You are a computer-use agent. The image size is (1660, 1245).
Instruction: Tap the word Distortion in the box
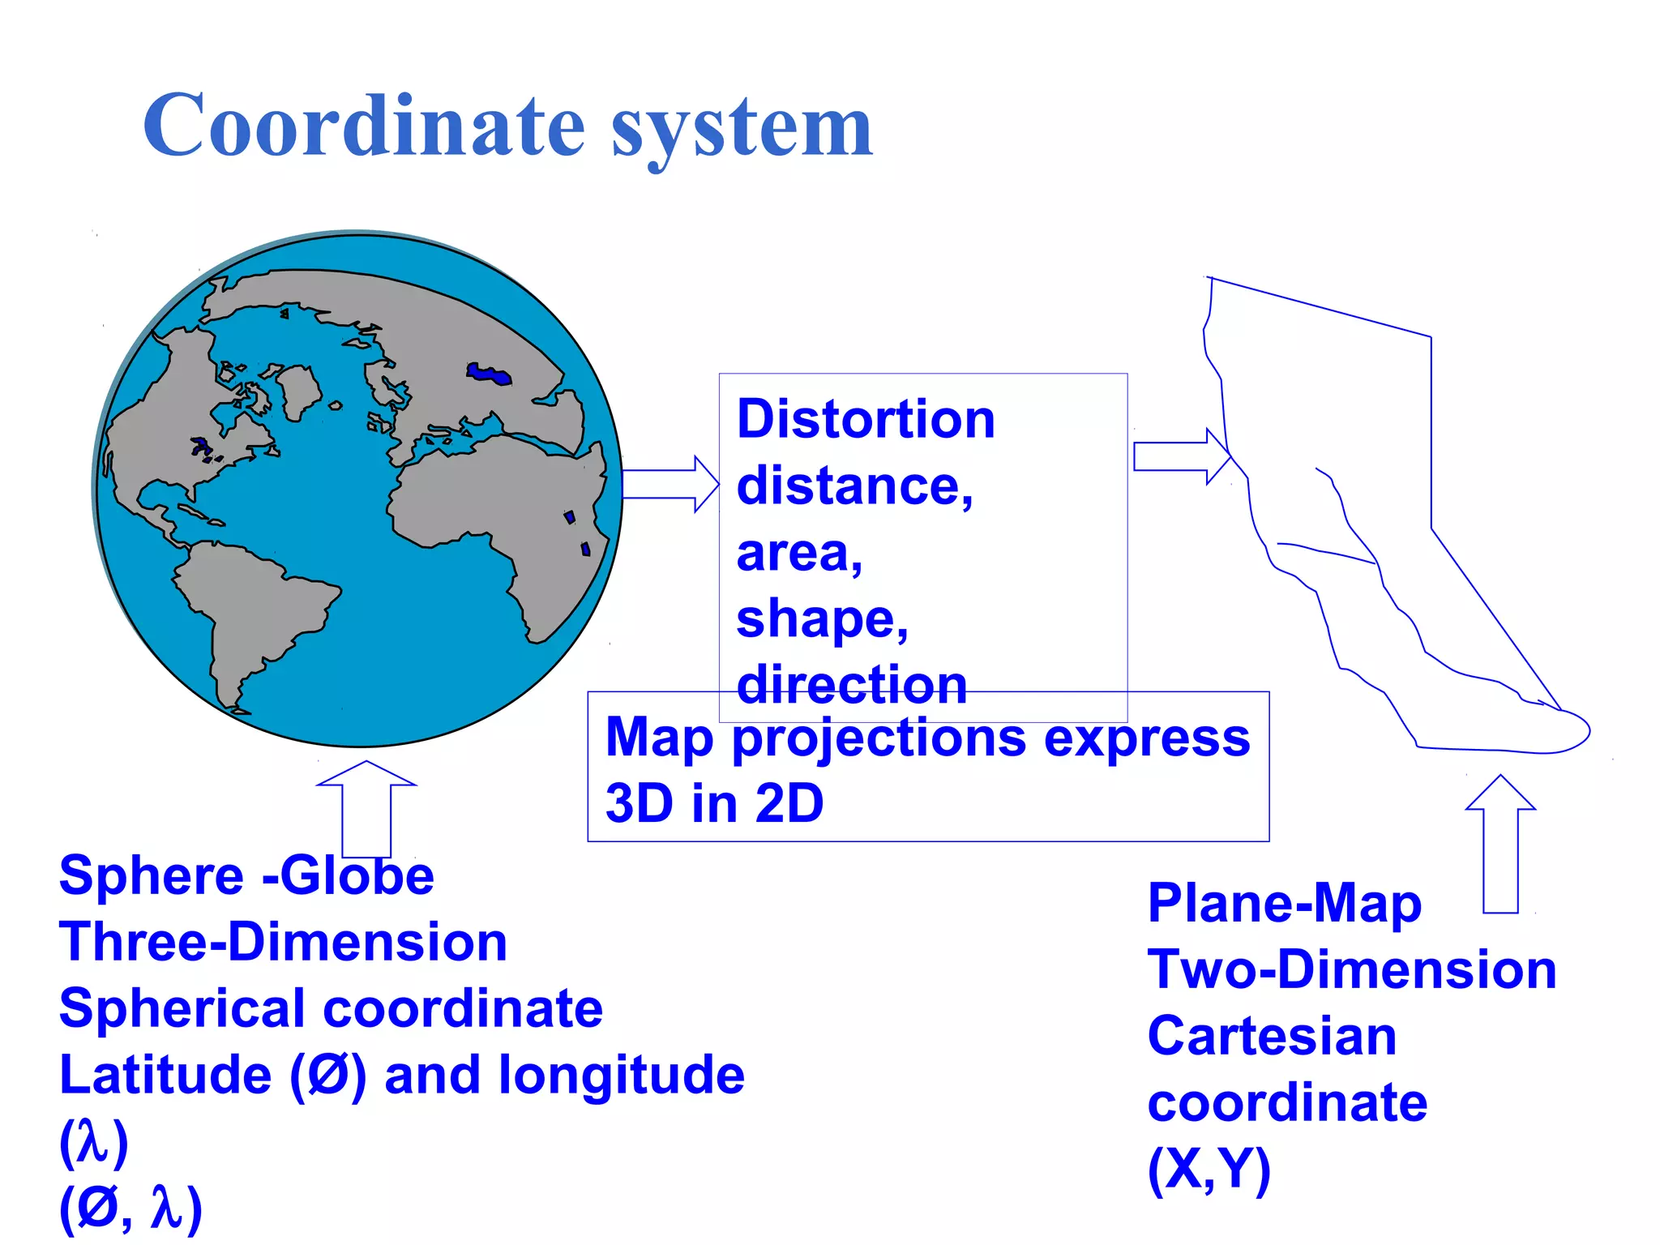pyautogui.click(x=865, y=419)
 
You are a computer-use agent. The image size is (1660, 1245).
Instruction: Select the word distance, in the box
pyautogui.click(x=854, y=486)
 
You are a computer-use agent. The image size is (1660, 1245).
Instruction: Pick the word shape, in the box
pyautogui.click(x=822, y=619)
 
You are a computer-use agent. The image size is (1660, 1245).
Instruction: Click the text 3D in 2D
pyautogui.click(x=714, y=803)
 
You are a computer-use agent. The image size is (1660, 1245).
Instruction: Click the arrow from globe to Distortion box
pyautogui.click(x=670, y=484)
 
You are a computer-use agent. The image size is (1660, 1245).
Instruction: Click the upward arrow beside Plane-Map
pyautogui.click(x=1500, y=843)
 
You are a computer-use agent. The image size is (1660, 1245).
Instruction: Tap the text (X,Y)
pyautogui.click(x=1209, y=1170)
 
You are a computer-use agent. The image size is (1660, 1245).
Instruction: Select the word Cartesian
pyautogui.click(x=1272, y=1036)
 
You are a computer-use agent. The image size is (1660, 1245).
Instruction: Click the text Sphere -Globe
pyautogui.click(x=246, y=875)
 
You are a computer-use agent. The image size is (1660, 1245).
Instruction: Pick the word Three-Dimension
pyautogui.click(x=283, y=942)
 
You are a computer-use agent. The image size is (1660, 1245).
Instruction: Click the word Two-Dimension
pyautogui.click(x=1351, y=969)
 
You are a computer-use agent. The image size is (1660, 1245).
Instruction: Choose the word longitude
pyautogui.click(x=620, y=1075)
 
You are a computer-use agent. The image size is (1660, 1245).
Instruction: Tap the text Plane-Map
pyautogui.click(x=1284, y=903)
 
